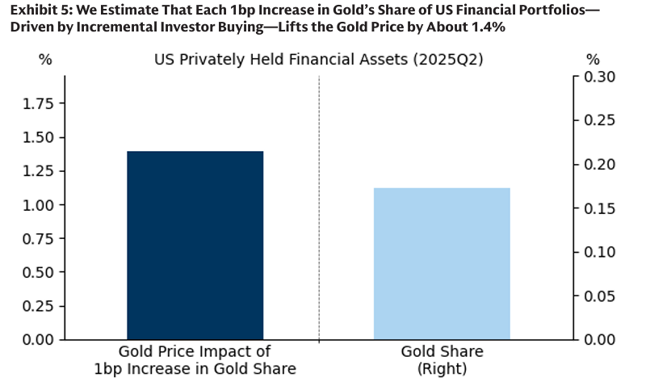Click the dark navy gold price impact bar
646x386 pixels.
[195, 245]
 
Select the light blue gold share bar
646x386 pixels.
[442, 263]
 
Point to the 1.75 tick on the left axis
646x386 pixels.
[38, 103]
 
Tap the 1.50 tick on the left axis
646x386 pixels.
[38, 137]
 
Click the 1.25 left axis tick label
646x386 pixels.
[38, 171]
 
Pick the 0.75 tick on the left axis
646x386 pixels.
[38, 238]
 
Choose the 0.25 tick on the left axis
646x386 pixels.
[38, 306]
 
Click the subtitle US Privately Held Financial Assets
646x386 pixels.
[319, 60]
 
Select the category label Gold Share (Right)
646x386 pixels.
[442, 360]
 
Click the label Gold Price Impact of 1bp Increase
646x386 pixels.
[195, 360]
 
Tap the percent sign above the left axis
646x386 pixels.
[45, 60]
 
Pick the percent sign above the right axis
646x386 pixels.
[593, 60]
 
